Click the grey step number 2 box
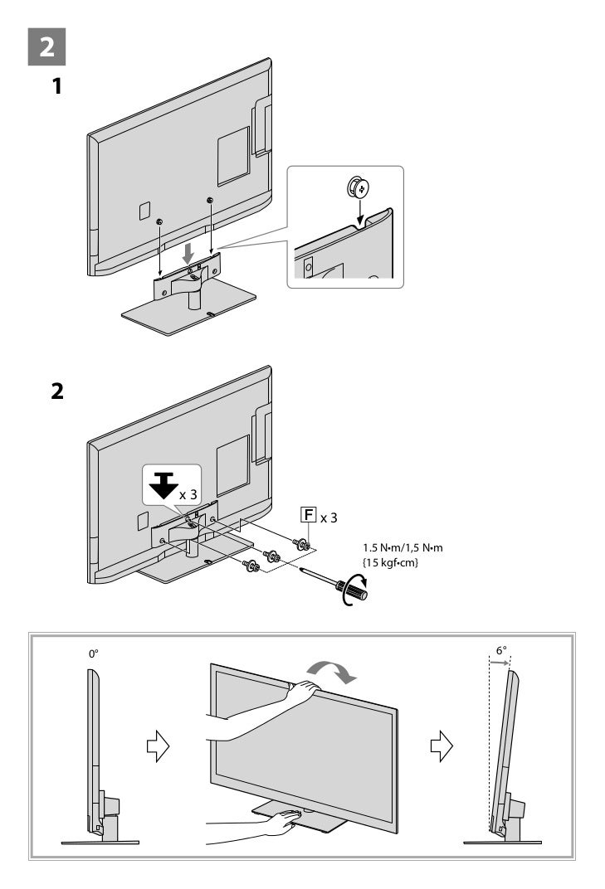48,47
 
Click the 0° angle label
94,653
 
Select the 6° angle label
501,651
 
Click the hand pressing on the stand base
286,820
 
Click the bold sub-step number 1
56,85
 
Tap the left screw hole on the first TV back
159,221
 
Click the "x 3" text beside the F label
329,517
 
